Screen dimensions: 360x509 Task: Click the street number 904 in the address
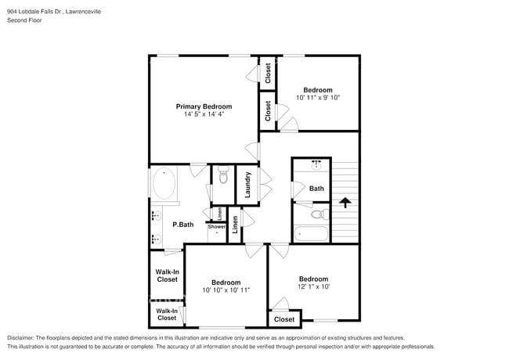pos(14,12)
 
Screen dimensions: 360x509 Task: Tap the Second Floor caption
pos(24,20)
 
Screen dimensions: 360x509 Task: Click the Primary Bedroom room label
pos(204,106)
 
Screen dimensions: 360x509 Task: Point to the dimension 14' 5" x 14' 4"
pos(204,115)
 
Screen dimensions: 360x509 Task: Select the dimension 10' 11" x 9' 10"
pos(317,98)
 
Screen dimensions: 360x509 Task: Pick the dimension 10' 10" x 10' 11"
pos(226,290)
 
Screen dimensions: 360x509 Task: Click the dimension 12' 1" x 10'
pos(312,286)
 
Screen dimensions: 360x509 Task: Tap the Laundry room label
pos(248,184)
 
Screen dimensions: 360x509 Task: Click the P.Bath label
pos(182,225)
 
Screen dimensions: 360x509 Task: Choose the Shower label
pos(216,227)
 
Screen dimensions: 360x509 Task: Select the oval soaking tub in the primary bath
pos(164,185)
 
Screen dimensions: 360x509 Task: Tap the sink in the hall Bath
pos(316,166)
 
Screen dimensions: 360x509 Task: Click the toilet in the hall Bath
pos(317,213)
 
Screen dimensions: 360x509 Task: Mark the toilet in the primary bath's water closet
pos(222,178)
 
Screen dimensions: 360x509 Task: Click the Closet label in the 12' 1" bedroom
pos(284,319)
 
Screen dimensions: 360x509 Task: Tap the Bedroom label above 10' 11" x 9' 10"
pos(318,89)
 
